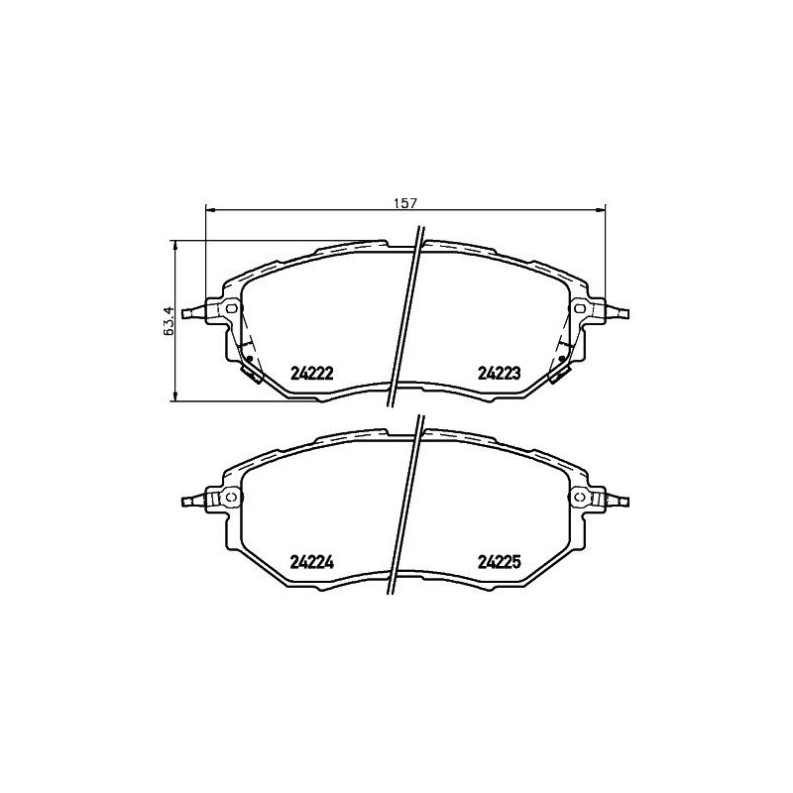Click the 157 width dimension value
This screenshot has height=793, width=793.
tap(405, 203)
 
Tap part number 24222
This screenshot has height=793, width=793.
tap(312, 374)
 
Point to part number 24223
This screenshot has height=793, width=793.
tap(500, 374)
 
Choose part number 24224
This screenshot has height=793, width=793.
tap(312, 562)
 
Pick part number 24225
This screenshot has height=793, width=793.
tap(500, 562)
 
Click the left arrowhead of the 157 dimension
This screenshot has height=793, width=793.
tap(210, 209)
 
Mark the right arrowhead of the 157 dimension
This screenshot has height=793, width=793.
tap(601, 209)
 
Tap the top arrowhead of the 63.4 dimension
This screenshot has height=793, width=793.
tap(175, 246)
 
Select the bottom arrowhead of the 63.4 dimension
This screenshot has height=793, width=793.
tap(175, 397)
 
